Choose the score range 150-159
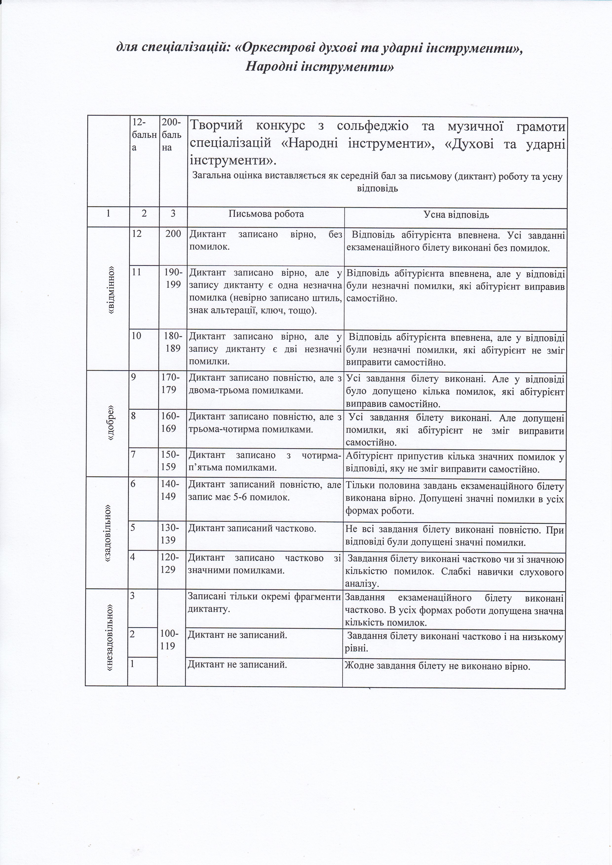click(169, 460)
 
